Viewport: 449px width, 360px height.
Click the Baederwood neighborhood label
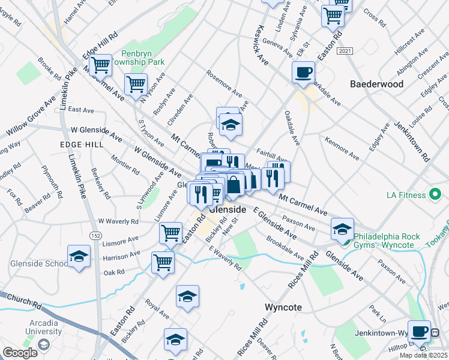[376, 84]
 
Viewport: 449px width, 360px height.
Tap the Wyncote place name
[283, 307]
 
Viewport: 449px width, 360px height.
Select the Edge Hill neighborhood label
[79, 145]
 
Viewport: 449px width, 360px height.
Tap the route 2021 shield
[344, 52]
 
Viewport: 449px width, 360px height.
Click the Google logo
[20, 353]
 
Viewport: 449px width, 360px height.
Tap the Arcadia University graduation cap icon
[43, 344]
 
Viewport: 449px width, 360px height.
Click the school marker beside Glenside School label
[79, 256]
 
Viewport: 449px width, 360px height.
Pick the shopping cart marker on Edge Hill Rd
[100, 64]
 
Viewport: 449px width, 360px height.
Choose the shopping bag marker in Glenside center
[235, 184]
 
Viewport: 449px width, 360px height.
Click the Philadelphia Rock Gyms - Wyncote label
[387, 241]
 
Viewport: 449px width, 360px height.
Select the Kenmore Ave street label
[341, 148]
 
